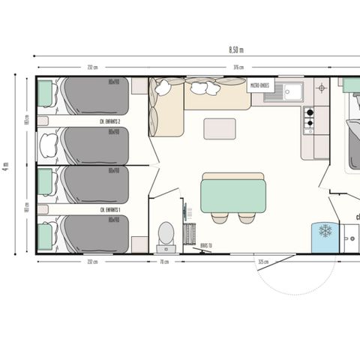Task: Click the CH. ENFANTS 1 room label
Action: pos(110,209)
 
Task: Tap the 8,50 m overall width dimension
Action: pos(235,50)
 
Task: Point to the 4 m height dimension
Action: pos(6,165)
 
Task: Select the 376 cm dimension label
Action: pos(238,67)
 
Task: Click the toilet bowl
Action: pos(166,233)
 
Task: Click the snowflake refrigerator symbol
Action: pos(325,230)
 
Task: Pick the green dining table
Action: pos(232,194)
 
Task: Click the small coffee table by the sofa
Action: pos(219,128)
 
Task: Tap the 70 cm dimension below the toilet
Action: pos(165,262)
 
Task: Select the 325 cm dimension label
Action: pos(263,262)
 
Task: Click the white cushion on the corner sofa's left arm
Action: pos(161,89)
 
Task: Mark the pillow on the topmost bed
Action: pos(46,94)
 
